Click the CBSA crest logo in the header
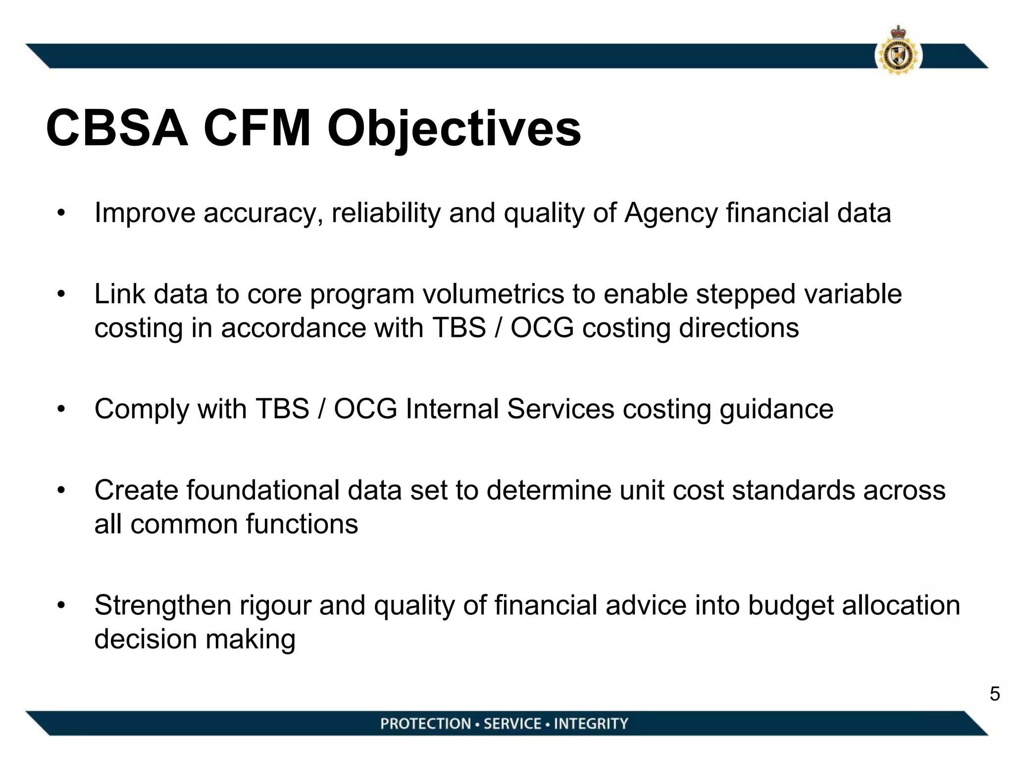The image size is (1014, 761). coord(898,52)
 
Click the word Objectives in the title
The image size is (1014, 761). coord(454,129)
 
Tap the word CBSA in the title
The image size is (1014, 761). coord(117,129)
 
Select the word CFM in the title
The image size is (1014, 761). coord(257,129)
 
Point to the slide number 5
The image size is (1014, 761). coord(995,694)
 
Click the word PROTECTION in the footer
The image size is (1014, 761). coord(425,724)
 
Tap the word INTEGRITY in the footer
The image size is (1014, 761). coord(591,724)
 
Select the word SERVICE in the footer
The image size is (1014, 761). coord(512,724)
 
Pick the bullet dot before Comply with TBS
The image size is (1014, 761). coord(61,410)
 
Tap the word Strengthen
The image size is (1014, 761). coord(162,606)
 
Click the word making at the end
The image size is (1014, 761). coord(250,640)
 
